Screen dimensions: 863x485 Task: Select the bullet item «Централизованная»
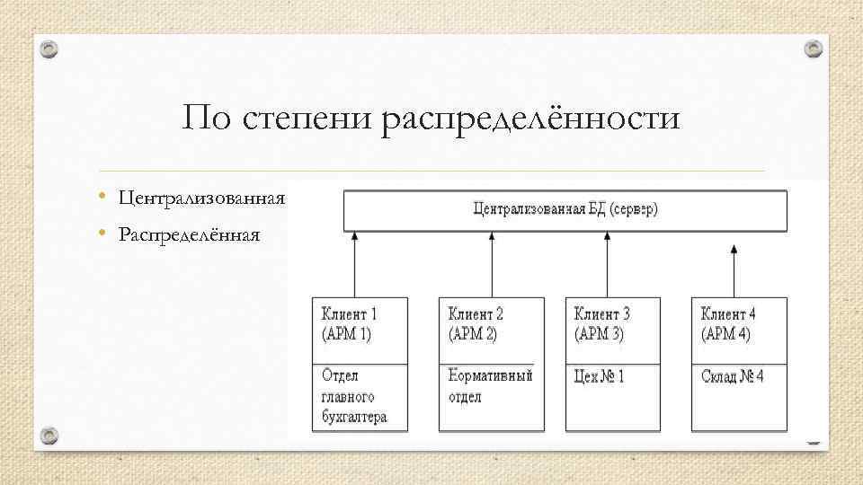tap(201, 198)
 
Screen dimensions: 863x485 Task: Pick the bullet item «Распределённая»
tap(189, 235)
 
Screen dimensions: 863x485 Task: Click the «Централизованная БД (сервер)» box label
tap(565, 211)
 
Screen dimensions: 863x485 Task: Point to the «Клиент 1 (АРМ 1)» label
tap(349, 324)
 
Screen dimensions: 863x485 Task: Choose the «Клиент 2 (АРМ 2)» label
tap(476, 324)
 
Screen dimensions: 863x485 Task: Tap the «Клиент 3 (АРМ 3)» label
tap(602, 324)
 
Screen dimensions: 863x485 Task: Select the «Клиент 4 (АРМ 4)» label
tap(729, 324)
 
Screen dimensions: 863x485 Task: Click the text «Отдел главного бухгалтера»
tap(354, 396)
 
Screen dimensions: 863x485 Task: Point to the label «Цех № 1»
tap(600, 376)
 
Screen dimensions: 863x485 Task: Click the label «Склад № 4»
tap(733, 376)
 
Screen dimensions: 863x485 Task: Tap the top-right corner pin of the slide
tap(812, 48)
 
